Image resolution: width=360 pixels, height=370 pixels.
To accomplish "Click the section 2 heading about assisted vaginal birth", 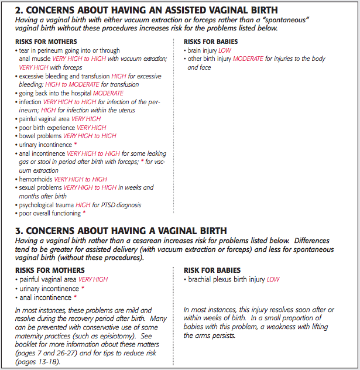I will (146, 11).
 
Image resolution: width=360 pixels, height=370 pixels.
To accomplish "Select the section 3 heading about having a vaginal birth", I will (122, 231).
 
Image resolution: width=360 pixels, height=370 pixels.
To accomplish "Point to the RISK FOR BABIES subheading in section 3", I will (212, 270).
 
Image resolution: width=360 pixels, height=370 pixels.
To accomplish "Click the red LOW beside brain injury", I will (225, 51).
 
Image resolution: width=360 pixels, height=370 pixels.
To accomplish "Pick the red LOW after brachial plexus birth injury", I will (273, 279).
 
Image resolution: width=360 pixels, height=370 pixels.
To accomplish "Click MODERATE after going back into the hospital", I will (108, 93).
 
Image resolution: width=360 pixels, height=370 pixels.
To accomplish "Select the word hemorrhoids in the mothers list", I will (35, 179).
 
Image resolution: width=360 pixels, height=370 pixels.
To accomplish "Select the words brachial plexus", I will (210, 279).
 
